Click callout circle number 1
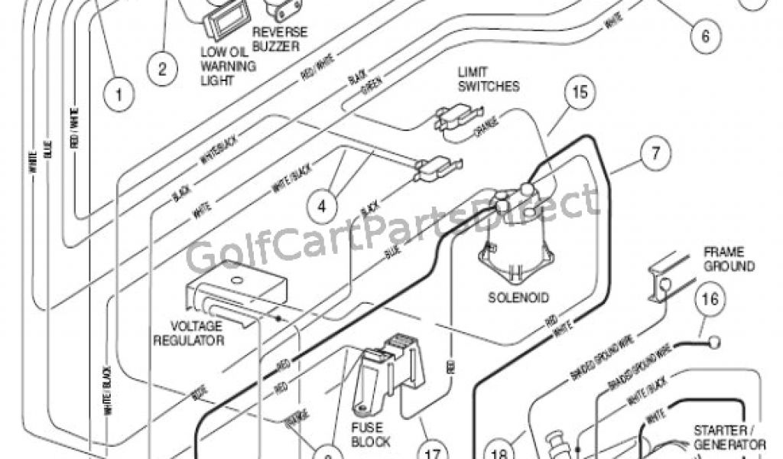coord(119,94)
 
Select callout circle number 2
coord(162,68)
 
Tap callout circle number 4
coord(323,204)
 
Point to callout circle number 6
coord(704,34)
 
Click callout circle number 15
coord(580,95)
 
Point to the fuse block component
coord(389,374)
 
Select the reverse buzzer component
coord(280,10)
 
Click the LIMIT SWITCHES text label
coord(488,79)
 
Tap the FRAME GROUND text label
coord(729,259)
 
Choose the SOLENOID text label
coord(519,296)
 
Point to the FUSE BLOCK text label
coord(372,434)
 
